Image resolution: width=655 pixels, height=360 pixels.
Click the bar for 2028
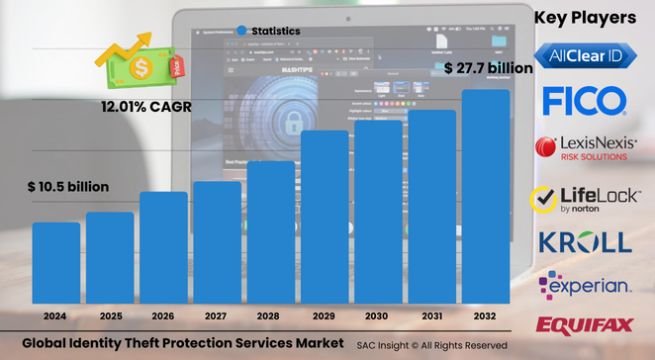pos(271,231)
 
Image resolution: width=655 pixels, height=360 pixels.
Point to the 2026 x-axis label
pos(163,315)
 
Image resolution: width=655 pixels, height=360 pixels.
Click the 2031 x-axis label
pos(432,315)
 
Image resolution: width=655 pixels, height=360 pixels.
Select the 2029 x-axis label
pos(325,315)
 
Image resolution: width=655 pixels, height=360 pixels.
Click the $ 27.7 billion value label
pos(488,68)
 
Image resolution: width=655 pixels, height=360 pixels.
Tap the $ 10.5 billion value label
pos(68,187)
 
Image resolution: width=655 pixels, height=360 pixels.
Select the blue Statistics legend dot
pos(242,31)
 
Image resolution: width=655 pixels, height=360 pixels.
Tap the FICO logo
pos(584,101)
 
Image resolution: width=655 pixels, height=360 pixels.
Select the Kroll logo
pos(584,242)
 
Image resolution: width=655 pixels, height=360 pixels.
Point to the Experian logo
pos(584,285)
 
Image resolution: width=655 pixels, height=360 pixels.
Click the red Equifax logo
pos(584,324)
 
